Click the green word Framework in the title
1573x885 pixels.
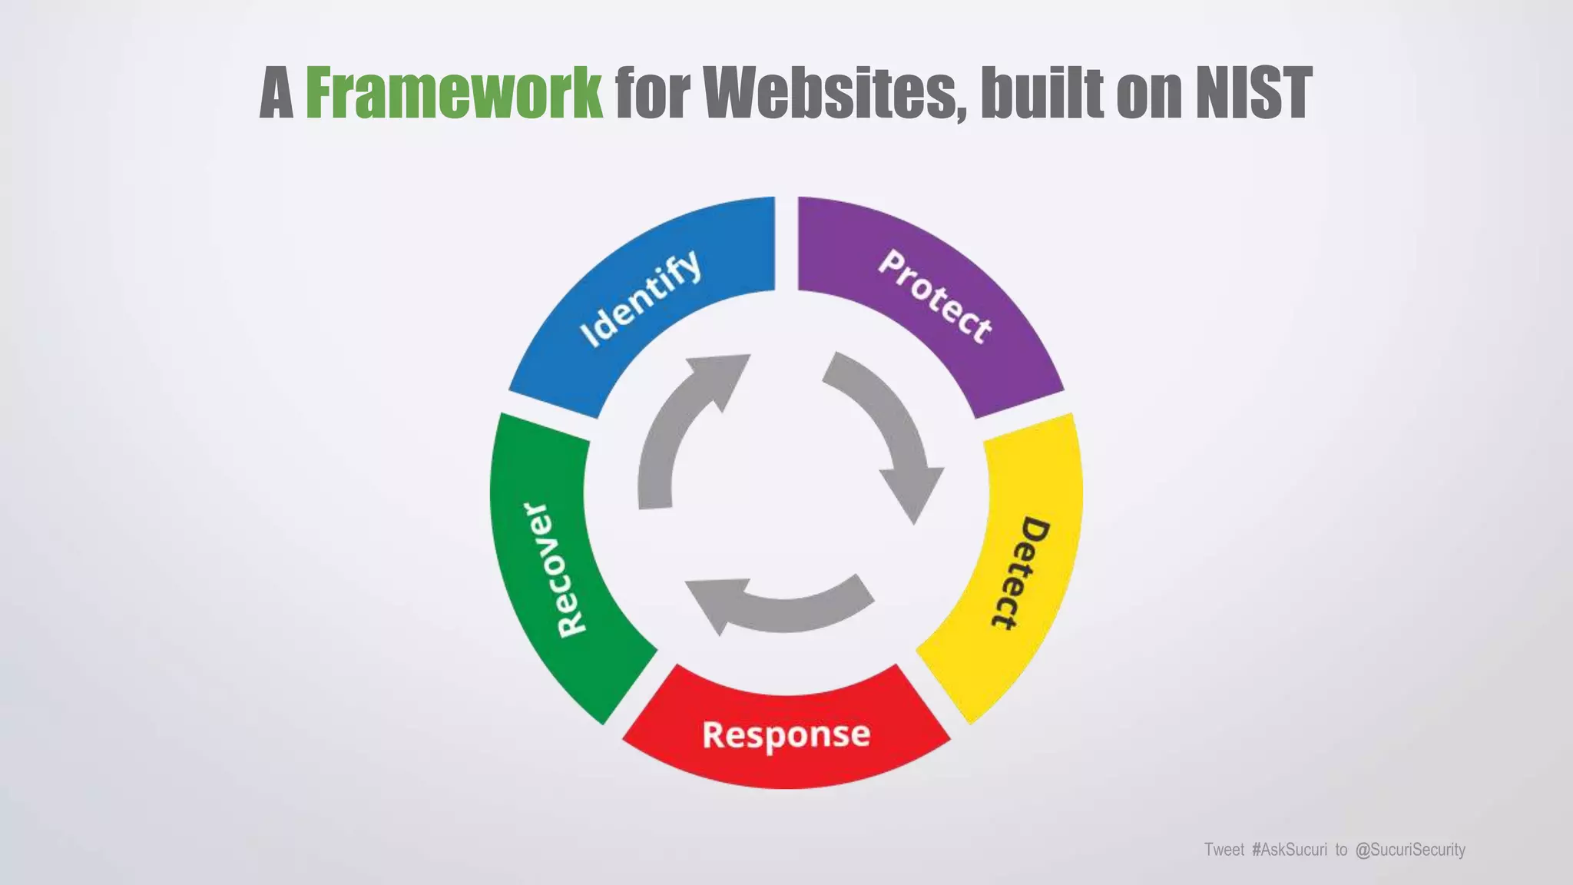click(x=454, y=93)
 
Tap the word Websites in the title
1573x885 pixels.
click(x=834, y=93)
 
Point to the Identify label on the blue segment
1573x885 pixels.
click(x=641, y=298)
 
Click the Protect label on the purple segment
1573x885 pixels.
click(x=935, y=296)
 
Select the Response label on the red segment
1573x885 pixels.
click(x=786, y=734)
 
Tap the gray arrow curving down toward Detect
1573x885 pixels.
click(x=891, y=430)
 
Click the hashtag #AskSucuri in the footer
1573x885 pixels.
click(x=1289, y=850)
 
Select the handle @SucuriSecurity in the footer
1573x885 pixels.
click(x=1410, y=850)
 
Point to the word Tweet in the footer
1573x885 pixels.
click(x=1224, y=850)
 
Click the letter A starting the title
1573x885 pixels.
click(x=277, y=93)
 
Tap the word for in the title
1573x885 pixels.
click(x=652, y=93)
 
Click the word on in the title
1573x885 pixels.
click(x=1148, y=93)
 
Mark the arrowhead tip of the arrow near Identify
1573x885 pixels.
click(x=747, y=356)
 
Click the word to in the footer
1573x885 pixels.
click(x=1341, y=850)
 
